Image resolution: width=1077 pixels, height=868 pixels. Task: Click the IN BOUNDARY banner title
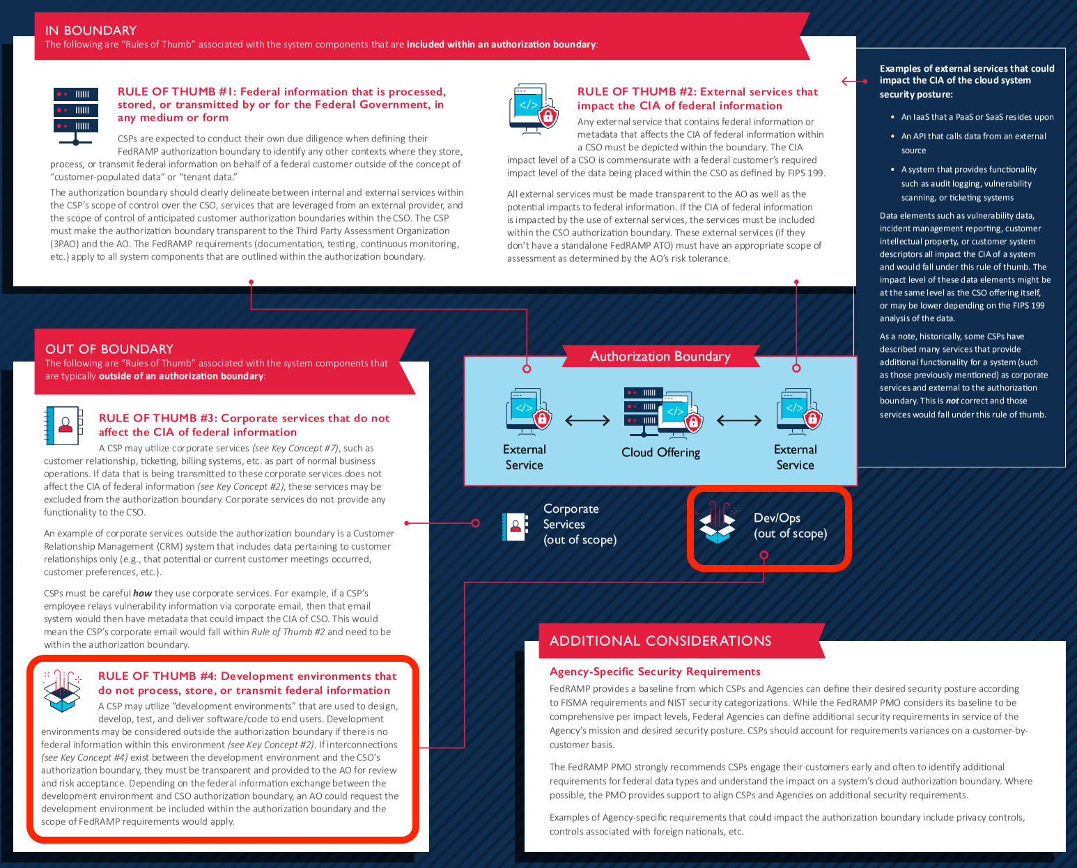tap(91, 31)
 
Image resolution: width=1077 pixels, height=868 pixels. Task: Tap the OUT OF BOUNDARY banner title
tap(109, 349)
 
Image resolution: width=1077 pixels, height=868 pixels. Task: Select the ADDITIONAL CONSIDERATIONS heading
tap(660, 641)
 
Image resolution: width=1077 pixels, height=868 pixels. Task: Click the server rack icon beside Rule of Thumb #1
tap(76, 115)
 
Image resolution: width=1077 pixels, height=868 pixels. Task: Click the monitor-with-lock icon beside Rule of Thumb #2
tap(533, 109)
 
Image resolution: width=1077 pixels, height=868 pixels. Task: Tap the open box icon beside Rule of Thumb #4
tap(62, 690)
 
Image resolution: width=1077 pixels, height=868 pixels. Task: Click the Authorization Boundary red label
tap(660, 357)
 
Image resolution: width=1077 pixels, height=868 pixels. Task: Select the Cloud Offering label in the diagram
tap(660, 452)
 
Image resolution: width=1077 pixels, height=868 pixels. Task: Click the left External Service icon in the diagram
tap(528, 412)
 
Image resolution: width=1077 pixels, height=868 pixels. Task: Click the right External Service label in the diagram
tap(795, 457)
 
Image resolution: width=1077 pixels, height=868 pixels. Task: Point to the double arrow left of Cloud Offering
tap(587, 420)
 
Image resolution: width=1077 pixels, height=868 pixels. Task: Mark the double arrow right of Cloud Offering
tap(739, 420)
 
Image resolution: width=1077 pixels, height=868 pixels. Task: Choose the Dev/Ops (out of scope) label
tap(790, 526)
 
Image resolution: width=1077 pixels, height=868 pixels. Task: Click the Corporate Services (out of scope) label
tap(580, 524)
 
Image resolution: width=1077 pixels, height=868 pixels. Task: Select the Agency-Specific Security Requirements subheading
tap(655, 672)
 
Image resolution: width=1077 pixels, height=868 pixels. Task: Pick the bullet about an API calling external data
tap(973, 143)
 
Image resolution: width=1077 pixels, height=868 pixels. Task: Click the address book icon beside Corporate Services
tap(515, 527)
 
